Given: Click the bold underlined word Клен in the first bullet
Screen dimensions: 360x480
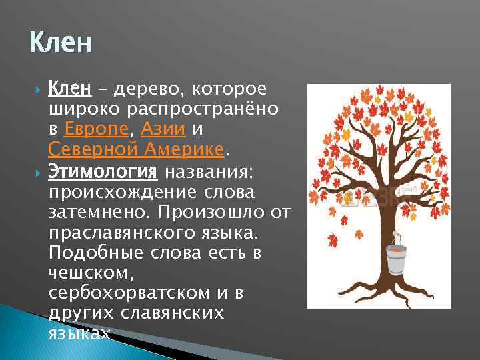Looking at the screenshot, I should [x=69, y=89].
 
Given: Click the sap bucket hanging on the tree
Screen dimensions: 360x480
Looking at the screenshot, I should [x=396, y=258].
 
